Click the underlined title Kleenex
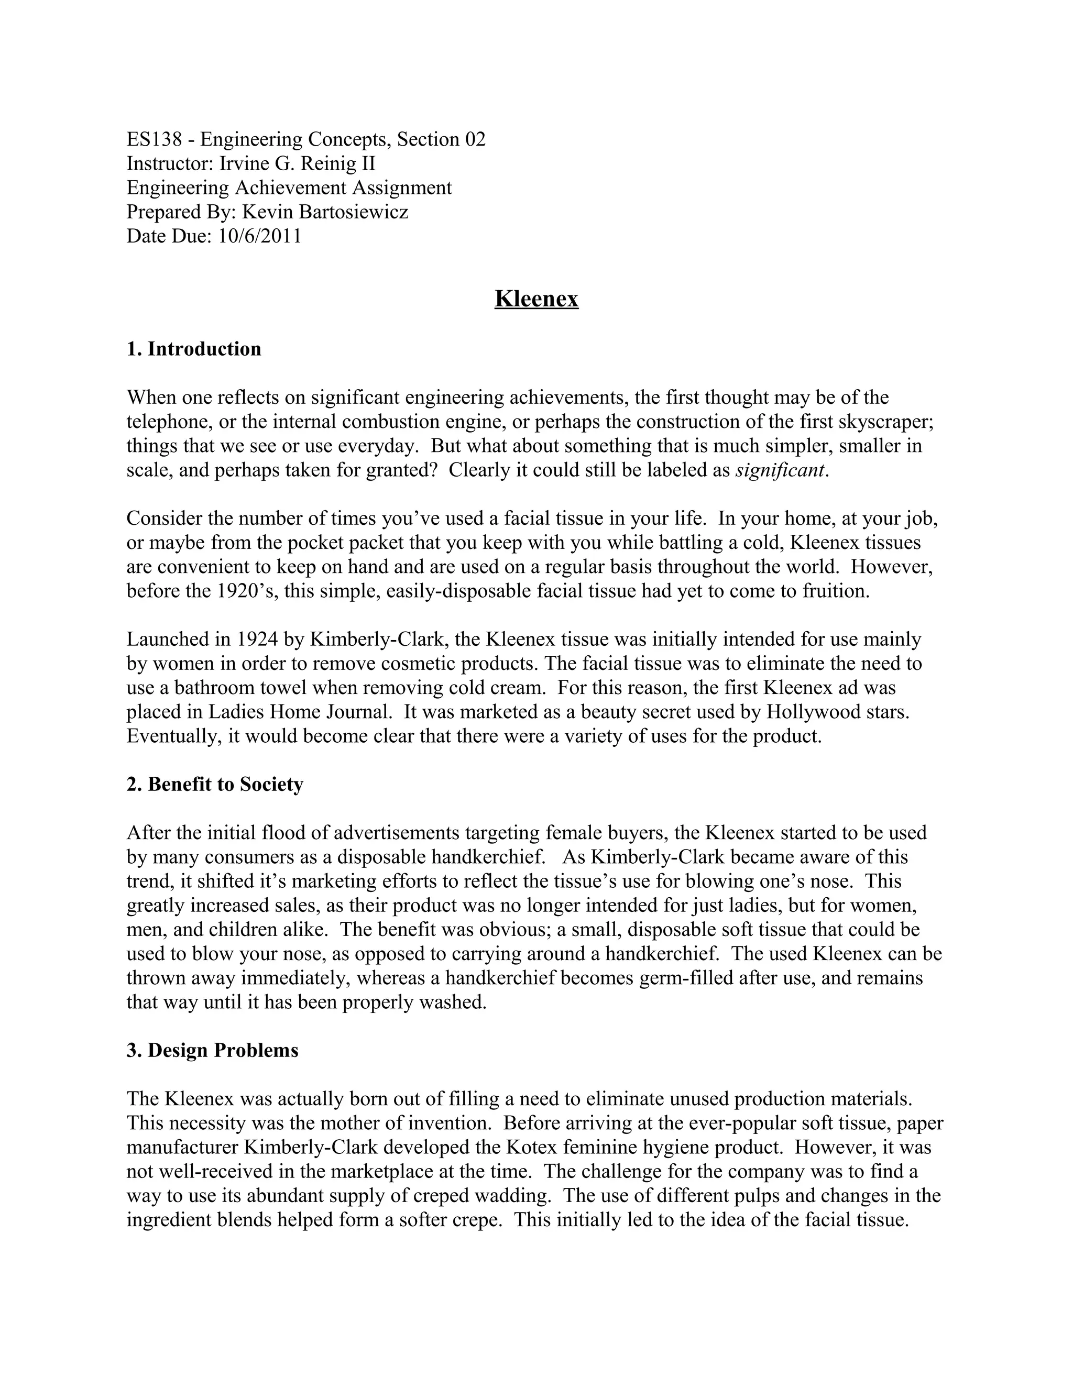click(536, 299)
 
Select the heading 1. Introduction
click(194, 349)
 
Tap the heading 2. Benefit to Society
click(215, 784)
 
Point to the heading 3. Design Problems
click(212, 1050)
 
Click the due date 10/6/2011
click(260, 236)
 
